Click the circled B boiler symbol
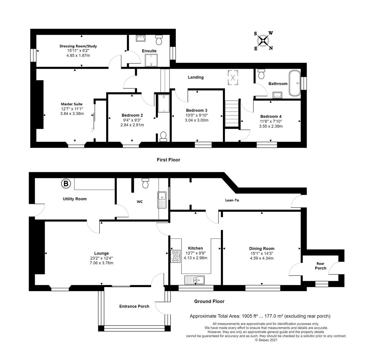[x=66, y=183]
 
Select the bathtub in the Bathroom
[x=295, y=83]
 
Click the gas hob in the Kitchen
[x=175, y=256]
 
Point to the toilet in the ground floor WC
[x=145, y=183]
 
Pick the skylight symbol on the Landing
[x=233, y=77]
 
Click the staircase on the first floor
[x=232, y=114]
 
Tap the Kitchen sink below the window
[x=195, y=280]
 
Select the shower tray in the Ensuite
[x=151, y=60]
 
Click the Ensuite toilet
[x=159, y=40]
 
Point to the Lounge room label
[x=101, y=253]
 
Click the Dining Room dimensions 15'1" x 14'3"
[x=262, y=253]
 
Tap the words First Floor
[x=168, y=160]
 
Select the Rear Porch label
[x=320, y=266]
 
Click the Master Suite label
[x=72, y=104]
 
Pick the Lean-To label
[x=232, y=200]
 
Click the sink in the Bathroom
[x=277, y=95]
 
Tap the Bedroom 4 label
[x=271, y=116]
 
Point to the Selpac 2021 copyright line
[x=266, y=340]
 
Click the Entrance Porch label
[x=134, y=307]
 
